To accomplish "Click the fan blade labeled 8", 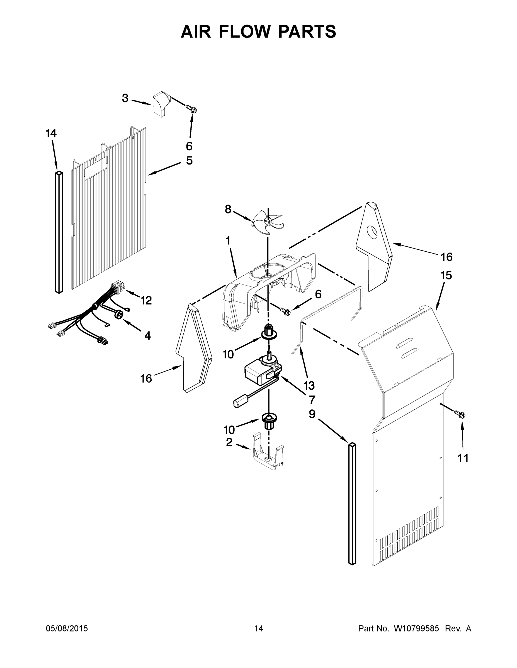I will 267,221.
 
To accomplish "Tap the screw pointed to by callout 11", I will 461,414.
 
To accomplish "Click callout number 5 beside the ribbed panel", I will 189,160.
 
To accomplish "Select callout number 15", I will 446,275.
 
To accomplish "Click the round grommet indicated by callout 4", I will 119,313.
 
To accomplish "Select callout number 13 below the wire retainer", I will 309,385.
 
